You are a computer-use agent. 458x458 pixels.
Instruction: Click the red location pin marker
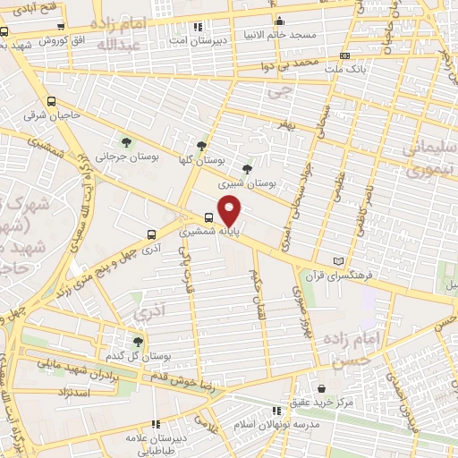pyautogui.click(x=231, y=212)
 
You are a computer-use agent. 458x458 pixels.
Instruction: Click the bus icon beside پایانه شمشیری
pyautogui.click(x=209, y=216)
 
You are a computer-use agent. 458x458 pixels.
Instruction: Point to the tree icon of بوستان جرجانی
pyautogui.click(x=126, y=141)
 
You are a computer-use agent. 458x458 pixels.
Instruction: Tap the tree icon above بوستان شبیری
pyautogui.click(x=247, y=167)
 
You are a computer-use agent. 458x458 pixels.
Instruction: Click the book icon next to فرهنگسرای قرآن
pyautogui.click(x=337, y=260)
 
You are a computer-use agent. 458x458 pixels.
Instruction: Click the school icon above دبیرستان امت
pyautogui.click(x=197, y=27)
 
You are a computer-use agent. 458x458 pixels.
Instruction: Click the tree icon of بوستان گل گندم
pyautogui.click(x=137, y=341)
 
